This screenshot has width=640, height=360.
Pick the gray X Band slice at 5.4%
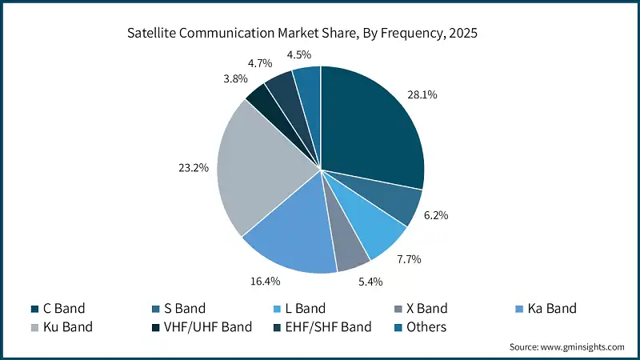click(x=350, y=250)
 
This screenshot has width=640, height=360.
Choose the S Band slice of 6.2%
click(x=400, y=204)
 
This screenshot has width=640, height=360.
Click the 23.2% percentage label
click(x=193, y=168)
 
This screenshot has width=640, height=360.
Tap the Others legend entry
click(x=426, y=326)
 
